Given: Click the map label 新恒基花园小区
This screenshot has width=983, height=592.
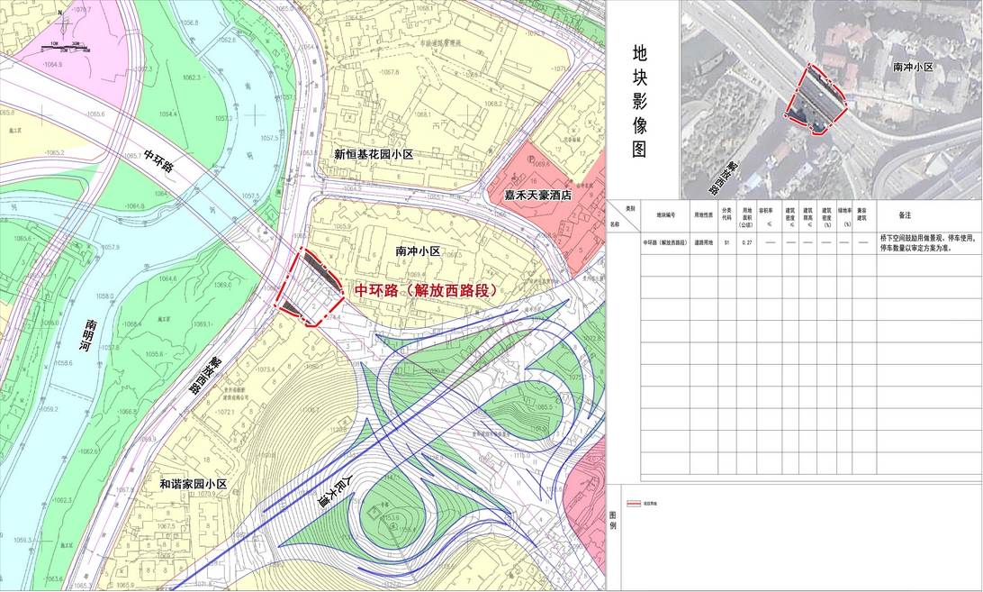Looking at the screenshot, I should point(373,155).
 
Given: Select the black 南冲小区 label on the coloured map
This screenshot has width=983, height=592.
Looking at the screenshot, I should point(418,251).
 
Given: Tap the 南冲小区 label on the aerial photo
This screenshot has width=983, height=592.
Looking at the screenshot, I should point(913,68).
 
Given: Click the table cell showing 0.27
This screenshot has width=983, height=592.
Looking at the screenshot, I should point(746,243).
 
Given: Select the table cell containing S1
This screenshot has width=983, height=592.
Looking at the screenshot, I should point(726,243).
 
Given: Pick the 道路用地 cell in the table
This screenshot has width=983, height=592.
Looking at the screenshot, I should point(704,243).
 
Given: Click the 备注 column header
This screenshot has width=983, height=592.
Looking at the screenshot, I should point(906,215).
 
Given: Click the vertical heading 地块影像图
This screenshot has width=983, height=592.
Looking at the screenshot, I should point(639,100).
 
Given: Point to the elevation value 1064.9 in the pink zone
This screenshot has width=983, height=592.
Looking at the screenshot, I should point(52,65).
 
